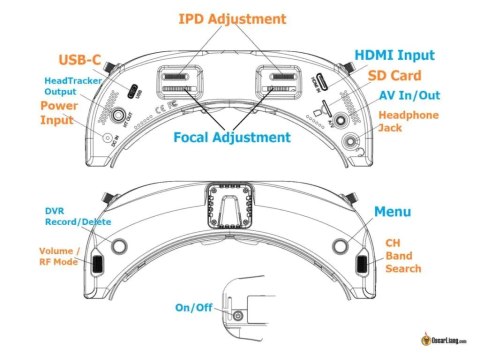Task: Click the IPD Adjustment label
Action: coord(232,19)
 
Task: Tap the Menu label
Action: coord(392,212)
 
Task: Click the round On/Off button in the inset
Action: coord(238,316)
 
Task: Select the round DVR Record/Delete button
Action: coord(119,245)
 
